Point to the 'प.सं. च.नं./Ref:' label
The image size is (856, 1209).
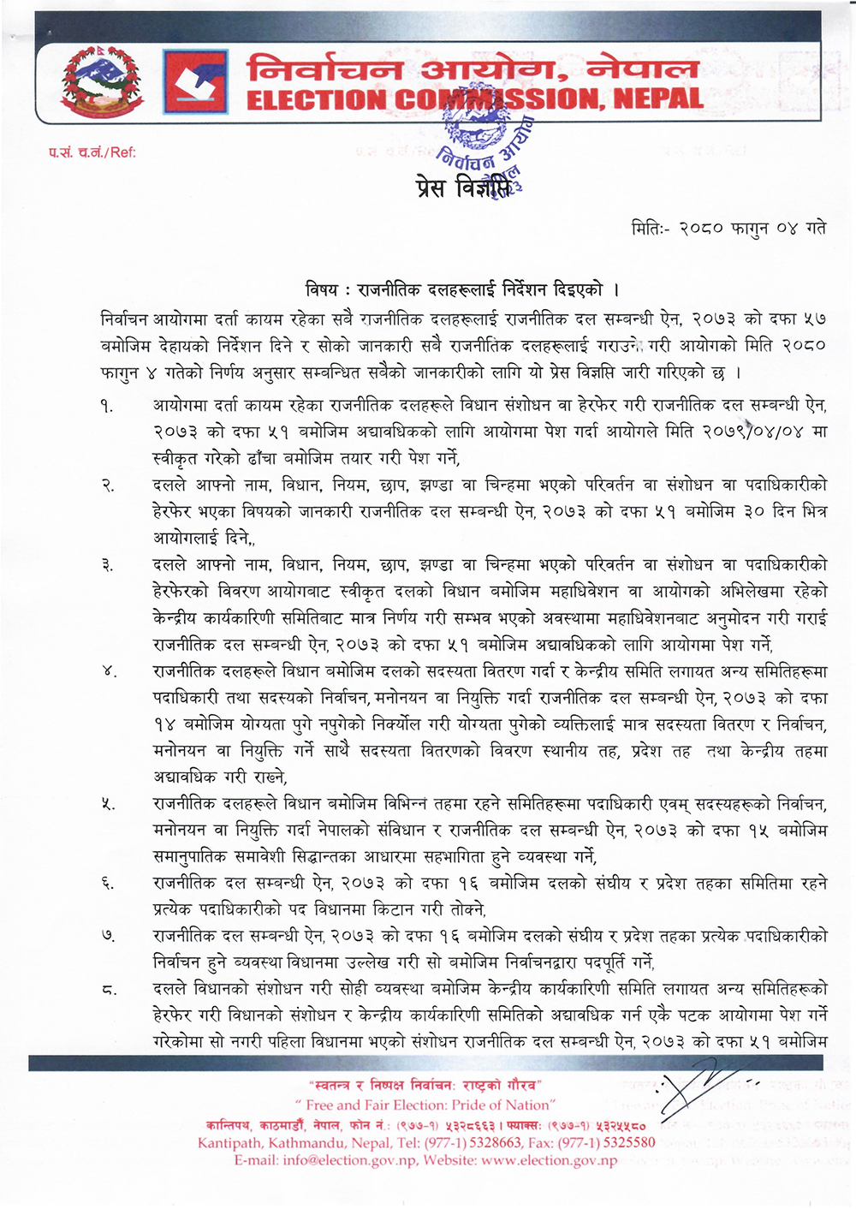click(92, 153)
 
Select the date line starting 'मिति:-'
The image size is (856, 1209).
click(728, 229)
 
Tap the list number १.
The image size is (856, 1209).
click(106, 405)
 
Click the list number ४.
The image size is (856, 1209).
click(107, 671)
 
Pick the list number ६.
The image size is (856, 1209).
click(107, 884)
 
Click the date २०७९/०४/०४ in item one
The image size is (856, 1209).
click(747, 432)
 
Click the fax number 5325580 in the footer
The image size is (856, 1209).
click(621, 1142)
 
